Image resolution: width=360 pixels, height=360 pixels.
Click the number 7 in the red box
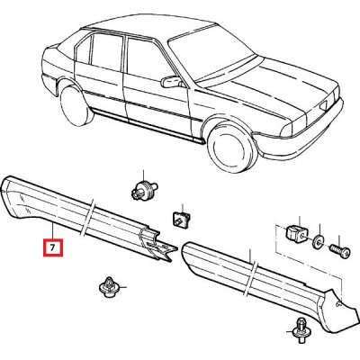coord(53,247)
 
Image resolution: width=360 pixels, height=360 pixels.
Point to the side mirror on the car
coord(171,82)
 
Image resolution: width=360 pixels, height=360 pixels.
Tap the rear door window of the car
coord(106,52)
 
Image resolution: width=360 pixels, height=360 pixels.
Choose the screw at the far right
coord(339,250)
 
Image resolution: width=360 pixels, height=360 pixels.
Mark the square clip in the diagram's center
coord(181,219)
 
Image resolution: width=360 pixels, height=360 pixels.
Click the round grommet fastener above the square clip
coord(143,190)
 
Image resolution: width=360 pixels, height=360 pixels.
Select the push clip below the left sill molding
coord(108,287)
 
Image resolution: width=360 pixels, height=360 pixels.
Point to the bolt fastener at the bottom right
coord(301,330)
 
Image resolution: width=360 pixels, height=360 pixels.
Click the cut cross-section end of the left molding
coord(157,245)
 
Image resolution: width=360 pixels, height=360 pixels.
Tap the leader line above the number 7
coord(53,231)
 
